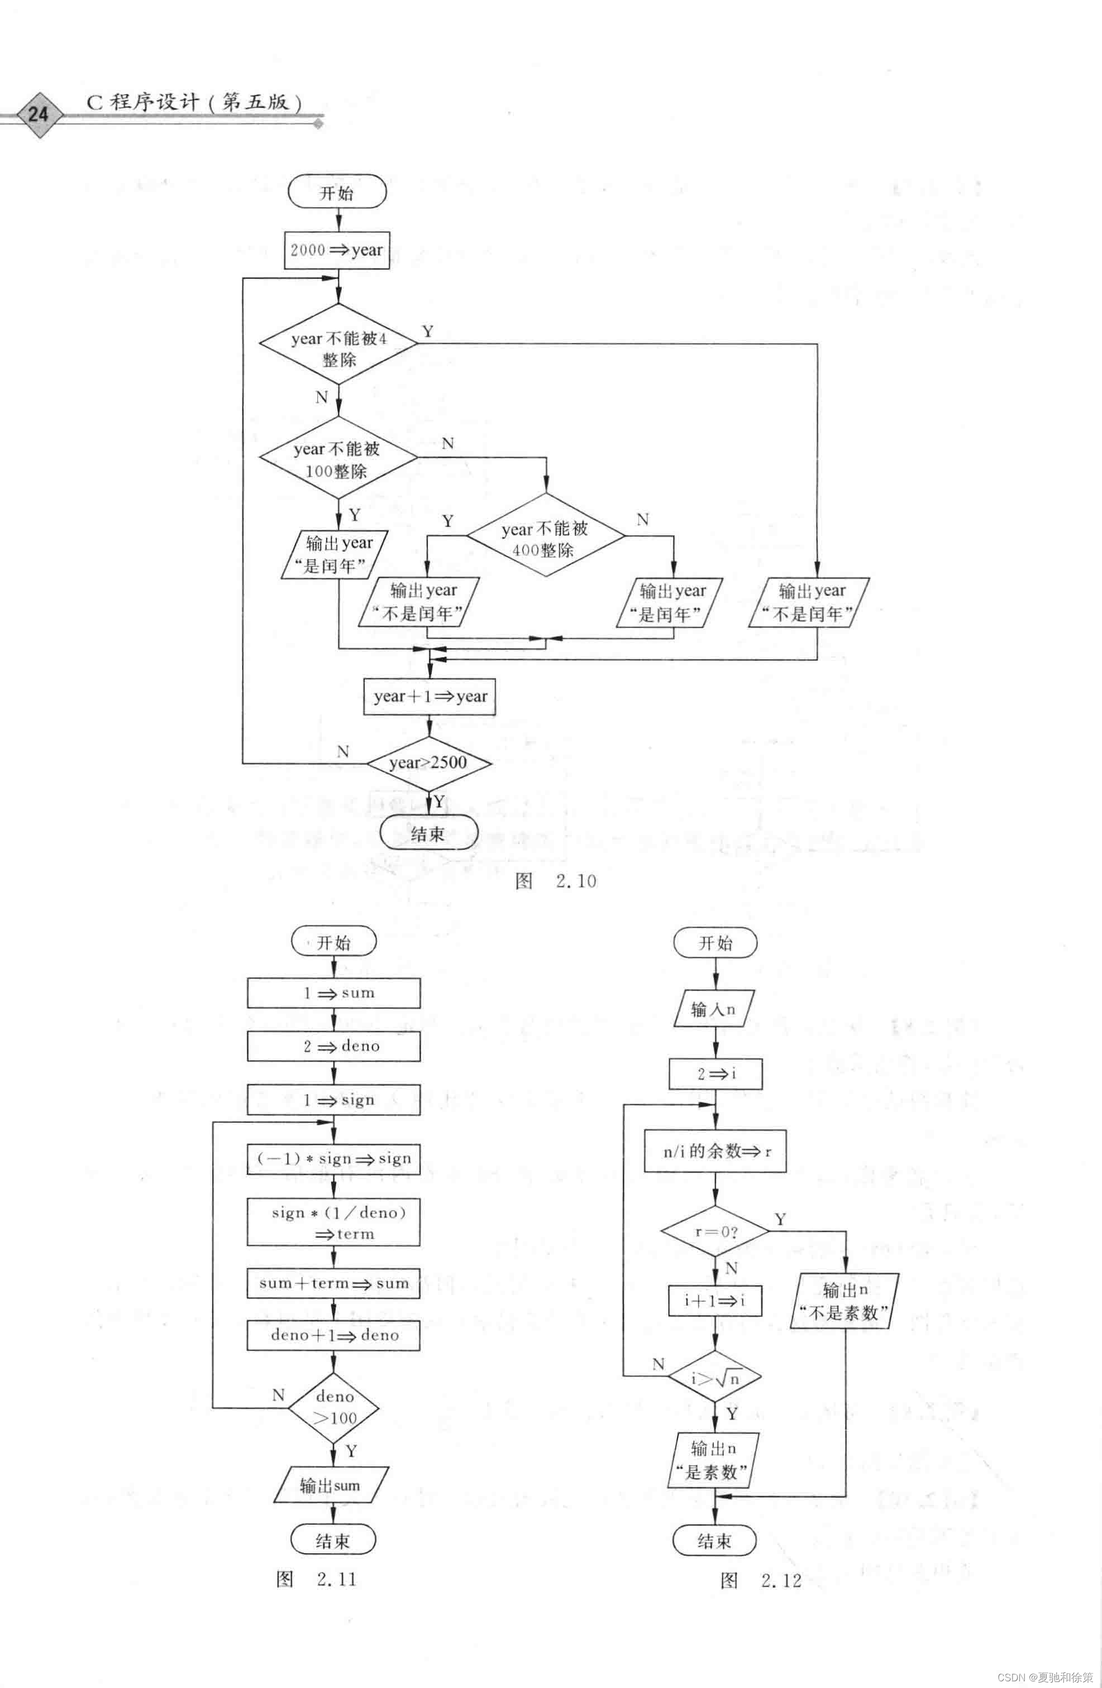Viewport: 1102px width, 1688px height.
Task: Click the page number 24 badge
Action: click(x=39, y=113)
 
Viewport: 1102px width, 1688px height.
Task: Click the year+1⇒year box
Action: click(x=430, y=697)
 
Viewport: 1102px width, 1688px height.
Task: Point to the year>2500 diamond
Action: click(x=428, y=763)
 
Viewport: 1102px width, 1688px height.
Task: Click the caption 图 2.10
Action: click(x=556, y=881)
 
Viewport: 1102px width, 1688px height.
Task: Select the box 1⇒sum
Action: click(x=333, y=993)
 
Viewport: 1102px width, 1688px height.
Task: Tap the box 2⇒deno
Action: click(x=333, y=1046)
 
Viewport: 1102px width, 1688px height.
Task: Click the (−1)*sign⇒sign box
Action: click(x=333, y=1158)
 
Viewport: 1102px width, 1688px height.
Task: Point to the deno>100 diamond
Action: click(x=333, y=1407)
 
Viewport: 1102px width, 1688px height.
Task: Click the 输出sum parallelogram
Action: click(x=331, y=1485)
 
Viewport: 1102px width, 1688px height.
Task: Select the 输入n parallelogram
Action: click(x=714, y=1009)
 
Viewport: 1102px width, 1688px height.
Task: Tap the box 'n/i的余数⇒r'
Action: click(x=715, y=1151)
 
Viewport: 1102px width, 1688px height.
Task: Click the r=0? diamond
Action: click(x=715, y=1231)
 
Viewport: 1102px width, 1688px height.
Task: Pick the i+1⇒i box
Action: click(x=715, y=1301)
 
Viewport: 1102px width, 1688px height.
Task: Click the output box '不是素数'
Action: click(x=845, y=1301)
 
